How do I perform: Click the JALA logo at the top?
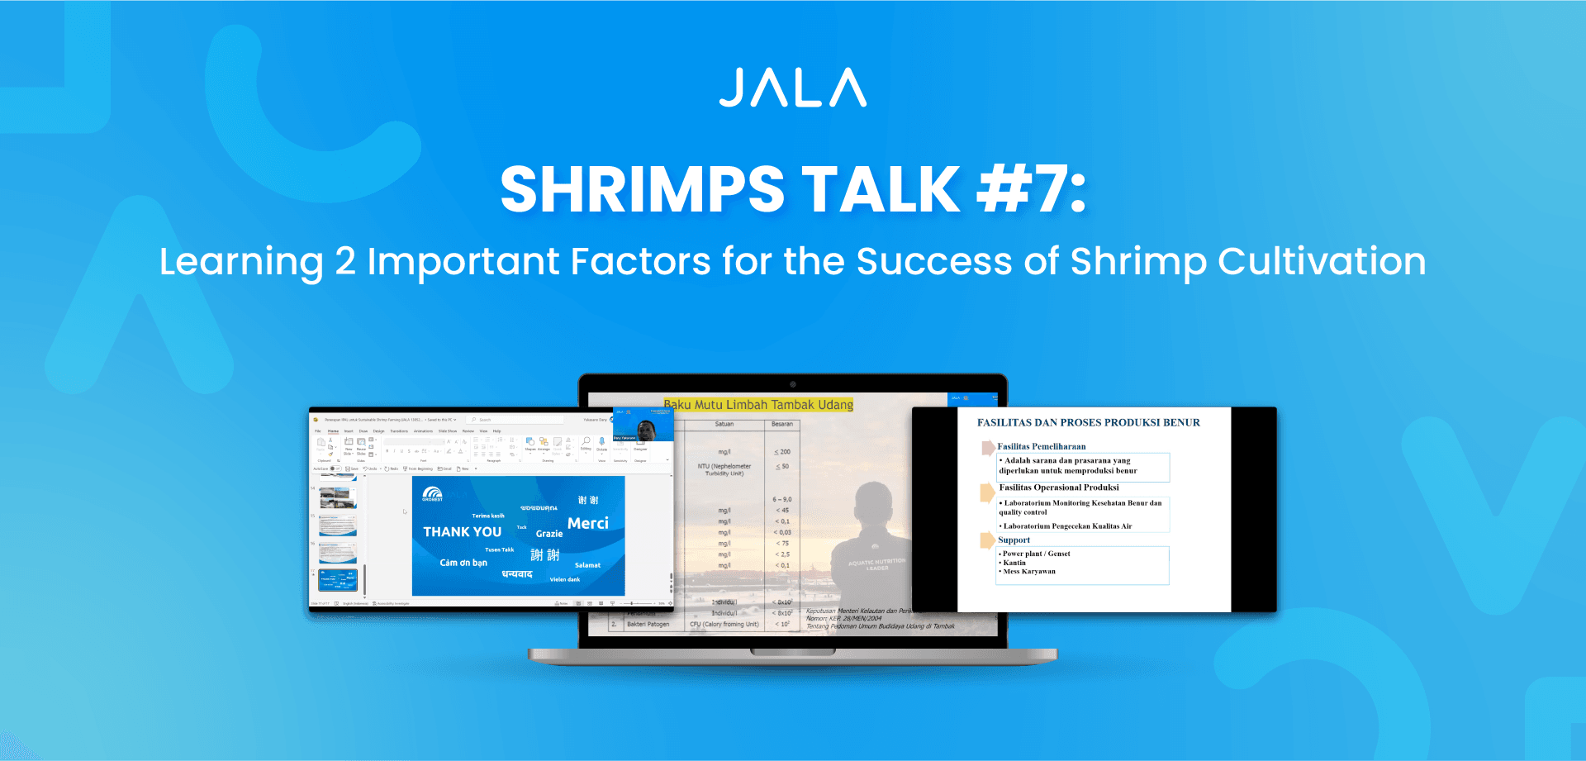pyautogui.click(x=793, y=88)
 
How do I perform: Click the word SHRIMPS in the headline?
pyautogui.click(x=642, y=190)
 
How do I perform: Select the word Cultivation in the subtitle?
pyautogui.click(x=1322, y=262)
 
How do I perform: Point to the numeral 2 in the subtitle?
pyautogui.click(x=345, y=262)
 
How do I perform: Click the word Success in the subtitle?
pyautogui.click(x=934, y=262)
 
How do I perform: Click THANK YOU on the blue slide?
pyautogui.click(x=463, y=532)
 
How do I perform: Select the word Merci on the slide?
pyautogui.click(x=587, y=524)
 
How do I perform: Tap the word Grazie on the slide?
pyautogui.click(x=549, y=534)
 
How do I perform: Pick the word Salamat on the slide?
pyautogui.click(x=587, y=565)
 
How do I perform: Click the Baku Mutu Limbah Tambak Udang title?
pyautogui.click(x=758, y=405)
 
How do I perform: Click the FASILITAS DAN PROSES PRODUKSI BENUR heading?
pyautogui.click(x=1089, y=423)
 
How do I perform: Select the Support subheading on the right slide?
pyautogui.click(x=1014, y=540)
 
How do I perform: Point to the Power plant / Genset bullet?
pyautogui.click(x=1036, y=554)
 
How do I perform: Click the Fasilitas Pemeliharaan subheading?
pyautogui.click(x=1041, y=446)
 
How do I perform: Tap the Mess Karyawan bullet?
pyautogui.click(x=1029, y=572)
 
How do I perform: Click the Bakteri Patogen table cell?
pyautogui.click(x=648, y=625)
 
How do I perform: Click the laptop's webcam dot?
pyautogui.click(x=793, y=384)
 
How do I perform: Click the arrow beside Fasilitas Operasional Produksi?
pyautogui.click(x=987, y=492)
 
